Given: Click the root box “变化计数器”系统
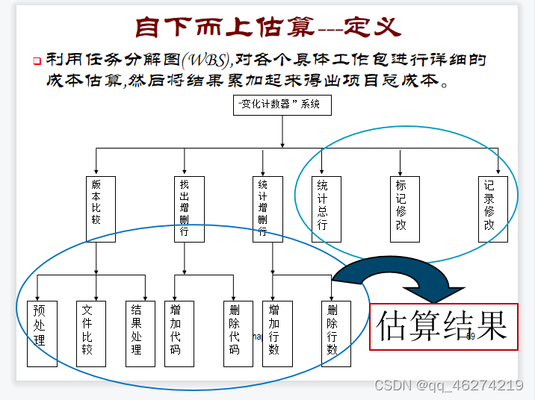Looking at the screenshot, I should point(282,105).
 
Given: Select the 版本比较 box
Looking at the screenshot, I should point(101,208).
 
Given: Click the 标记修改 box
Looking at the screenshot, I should point(404,208).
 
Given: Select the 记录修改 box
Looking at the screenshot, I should point(492,208).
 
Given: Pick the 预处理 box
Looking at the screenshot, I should point(42,334).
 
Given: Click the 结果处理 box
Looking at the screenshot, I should point(140,334).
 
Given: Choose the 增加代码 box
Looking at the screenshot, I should point(179,334).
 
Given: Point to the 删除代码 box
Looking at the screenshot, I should point(238,334).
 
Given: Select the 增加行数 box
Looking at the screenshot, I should point(277,334).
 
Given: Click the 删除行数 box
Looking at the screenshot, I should point(335,334).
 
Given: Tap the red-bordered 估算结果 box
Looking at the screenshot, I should point(443,326).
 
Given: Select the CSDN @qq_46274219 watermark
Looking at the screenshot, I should point(448,385).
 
